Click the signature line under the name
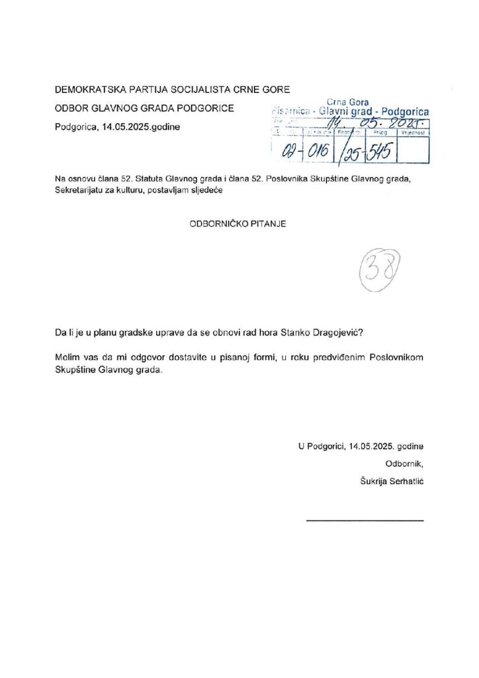[x=365, y=520]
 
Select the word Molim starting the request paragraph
[x=68, y=358]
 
